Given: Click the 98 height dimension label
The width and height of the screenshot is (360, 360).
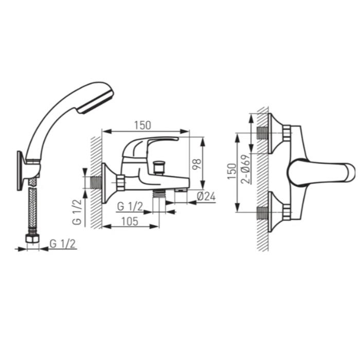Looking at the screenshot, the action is (x=197, y=164).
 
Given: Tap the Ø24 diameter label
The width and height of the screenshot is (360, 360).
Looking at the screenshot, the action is (x=206, y=196).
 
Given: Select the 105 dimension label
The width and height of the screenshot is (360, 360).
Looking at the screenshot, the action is (x=130, y=222).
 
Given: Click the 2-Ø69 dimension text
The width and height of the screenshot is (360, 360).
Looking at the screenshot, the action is (x=245, y=169).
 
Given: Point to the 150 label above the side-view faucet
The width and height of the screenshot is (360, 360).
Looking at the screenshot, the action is (x=142, y=125).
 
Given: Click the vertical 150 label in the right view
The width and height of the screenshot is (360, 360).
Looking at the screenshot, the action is (x=232, y=171).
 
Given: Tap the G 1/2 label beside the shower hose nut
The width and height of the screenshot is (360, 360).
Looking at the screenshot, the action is (x=62, y=244).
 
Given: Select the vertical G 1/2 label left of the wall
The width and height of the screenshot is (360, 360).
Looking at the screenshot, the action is (x=77, y=212).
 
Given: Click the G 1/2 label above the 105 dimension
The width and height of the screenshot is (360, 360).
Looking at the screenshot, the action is (x=130, y=206).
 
